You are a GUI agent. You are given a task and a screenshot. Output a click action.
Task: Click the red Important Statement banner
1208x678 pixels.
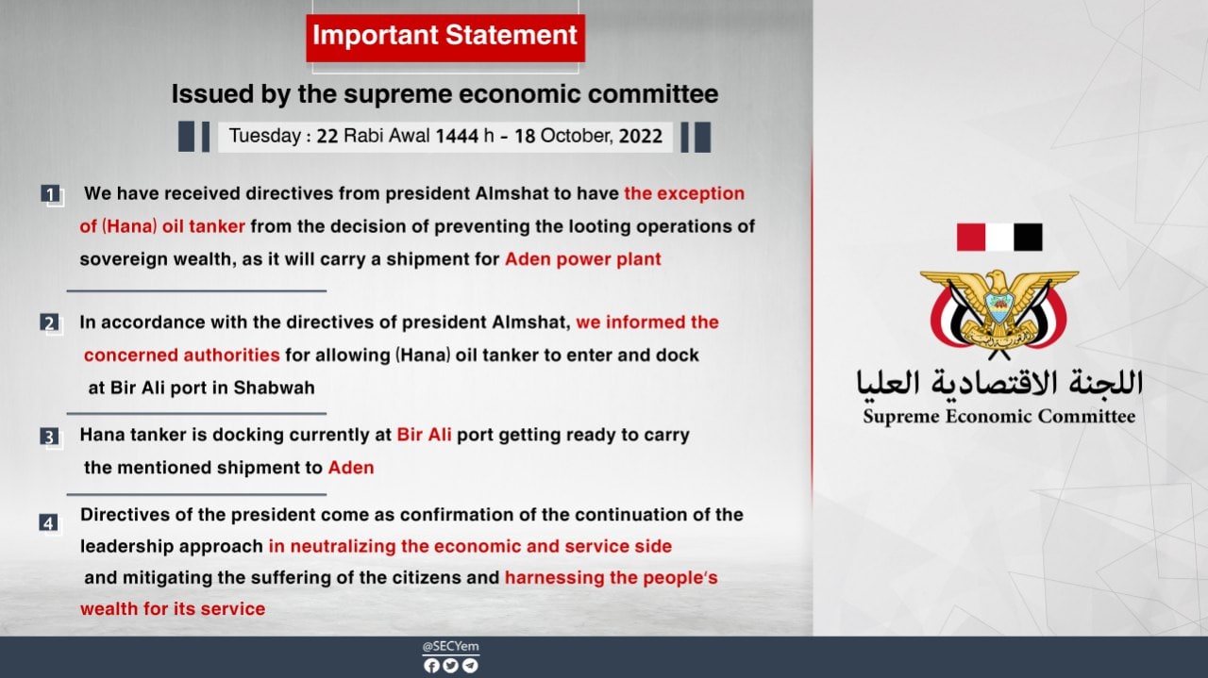(x=445, y=38)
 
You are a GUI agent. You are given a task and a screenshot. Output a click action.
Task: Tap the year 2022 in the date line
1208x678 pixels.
(x=640, y=136)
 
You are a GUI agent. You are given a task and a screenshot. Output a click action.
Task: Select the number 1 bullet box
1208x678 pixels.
(x=51, y=194)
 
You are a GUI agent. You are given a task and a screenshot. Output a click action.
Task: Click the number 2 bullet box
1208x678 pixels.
(x=50, y=322)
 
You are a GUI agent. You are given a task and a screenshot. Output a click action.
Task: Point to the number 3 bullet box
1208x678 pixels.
(x=50, y=437)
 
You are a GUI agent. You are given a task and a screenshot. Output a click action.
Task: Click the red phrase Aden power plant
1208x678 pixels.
(x=583, y=259)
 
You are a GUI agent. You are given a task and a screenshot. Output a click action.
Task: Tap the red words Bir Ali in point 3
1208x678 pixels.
(x=424, y=435)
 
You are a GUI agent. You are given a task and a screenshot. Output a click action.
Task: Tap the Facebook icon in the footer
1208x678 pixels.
(x=431, y=666)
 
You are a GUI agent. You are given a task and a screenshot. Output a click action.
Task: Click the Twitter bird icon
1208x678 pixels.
(x=450, y=666)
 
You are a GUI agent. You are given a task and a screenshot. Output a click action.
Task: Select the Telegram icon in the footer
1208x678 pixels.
(x=470, y=666)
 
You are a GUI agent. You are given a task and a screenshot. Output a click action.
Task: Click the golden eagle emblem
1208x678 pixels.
(x=998, y=313)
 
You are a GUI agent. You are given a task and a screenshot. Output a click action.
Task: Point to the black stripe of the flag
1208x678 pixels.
(x=1028, y=237)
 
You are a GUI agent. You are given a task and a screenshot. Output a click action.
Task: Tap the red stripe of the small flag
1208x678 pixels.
(x=971, y=237)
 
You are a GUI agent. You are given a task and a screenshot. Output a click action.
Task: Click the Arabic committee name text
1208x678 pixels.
(x=999, y=383)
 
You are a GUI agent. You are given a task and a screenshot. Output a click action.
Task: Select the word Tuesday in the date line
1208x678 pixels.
(x=265, y=136)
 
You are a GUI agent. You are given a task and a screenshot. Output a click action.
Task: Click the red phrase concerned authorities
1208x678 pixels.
(x=182, y=356)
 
